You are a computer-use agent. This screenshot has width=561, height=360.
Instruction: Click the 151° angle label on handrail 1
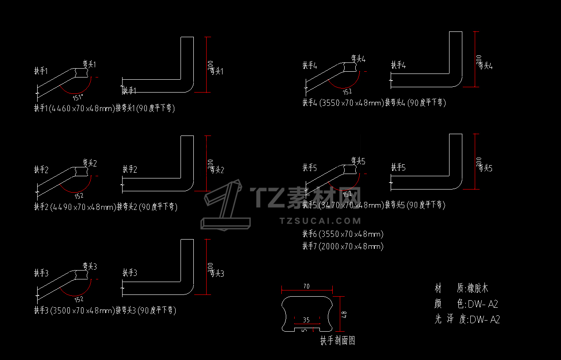pyautogui.click(x=78, y=97)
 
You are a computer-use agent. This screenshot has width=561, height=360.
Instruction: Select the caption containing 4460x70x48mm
pyautogui.click(x=104, y=108)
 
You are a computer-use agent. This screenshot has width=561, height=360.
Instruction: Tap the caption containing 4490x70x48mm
pyautogui.click(x=105, y=207)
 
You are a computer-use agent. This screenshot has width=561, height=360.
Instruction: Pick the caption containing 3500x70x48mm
pyautogui.click(x=105, y=310)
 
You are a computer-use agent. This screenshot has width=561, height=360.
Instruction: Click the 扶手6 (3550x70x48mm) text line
pyautogui.click(x=342, y=234)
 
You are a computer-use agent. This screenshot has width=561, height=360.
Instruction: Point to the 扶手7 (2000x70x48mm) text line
pyautogui.click(x=342, y=246)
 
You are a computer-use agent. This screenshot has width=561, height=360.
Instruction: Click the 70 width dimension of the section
pyautogui.click(x=306, y=286)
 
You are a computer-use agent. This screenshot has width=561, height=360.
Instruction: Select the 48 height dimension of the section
pyautogui.click(x=345, y=315)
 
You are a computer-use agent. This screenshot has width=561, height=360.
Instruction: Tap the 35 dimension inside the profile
pyautogui.click(x=306, y=320)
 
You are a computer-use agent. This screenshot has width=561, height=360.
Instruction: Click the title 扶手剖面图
pyautogui.click(x=338, y=341)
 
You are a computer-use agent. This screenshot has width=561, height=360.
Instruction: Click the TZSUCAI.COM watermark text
pyautogui.click(x=321, y=221)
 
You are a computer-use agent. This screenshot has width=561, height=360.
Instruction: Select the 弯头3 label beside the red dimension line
pyautogui.click(x=217, y=274)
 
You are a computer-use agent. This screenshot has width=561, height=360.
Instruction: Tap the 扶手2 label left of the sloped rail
pyautogui.click(x=41, y=170)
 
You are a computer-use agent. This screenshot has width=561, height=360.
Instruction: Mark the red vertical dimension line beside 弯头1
pyautogui.click(x=206, y=65)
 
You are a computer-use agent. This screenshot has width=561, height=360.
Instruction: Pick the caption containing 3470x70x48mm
pyautogui.click(x=373, y=205)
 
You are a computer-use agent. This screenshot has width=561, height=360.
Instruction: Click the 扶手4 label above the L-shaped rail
pyautogui.click(x=398, y=66)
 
